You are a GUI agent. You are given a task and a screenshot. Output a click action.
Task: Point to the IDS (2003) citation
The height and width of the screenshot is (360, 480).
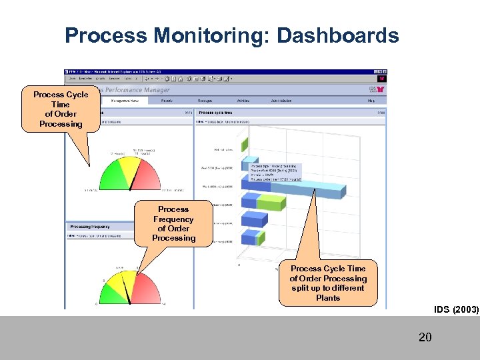[456, 309]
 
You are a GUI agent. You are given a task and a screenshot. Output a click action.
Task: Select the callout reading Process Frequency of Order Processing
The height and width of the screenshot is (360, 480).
[173, 223]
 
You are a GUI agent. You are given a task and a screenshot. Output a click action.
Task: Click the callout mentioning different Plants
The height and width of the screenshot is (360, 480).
[328, 283]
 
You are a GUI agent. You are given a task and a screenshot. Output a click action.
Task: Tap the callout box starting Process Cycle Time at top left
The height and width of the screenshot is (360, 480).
[61, 109]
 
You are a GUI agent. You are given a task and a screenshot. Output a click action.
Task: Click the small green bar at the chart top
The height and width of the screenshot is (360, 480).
[244, 143]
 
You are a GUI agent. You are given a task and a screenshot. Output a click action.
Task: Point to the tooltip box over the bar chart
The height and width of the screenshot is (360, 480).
[275, 173]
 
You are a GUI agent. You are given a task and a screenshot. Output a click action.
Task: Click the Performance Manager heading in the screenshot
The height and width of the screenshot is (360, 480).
[137, 90]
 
